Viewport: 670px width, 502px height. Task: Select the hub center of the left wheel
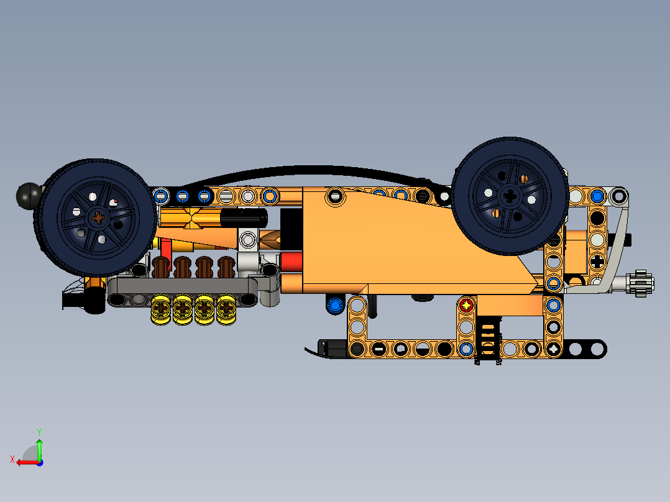pos(99,217)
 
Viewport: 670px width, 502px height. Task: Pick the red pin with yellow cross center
pos(466,305)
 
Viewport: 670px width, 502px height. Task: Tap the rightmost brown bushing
pos(227,268)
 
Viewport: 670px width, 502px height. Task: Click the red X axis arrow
pos(25,462)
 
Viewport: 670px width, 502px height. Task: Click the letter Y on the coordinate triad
pos(39,431)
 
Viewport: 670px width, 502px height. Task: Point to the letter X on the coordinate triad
pos(12,459)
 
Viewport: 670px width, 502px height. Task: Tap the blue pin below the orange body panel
pos(335,304)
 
